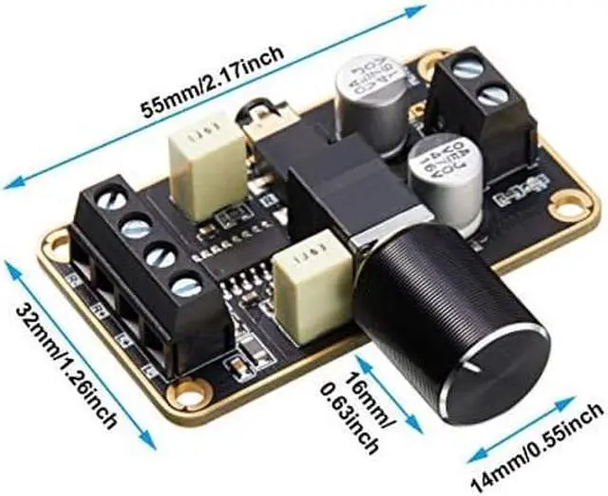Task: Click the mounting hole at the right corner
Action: [567, 201]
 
